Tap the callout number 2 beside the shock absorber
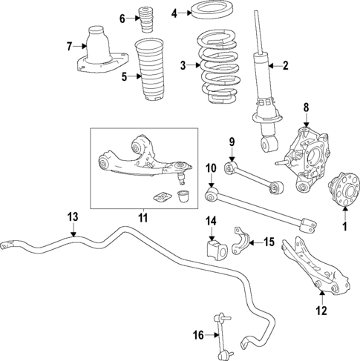pos(285,66)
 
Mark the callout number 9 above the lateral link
pos(231,142)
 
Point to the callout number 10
pos(210,168)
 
